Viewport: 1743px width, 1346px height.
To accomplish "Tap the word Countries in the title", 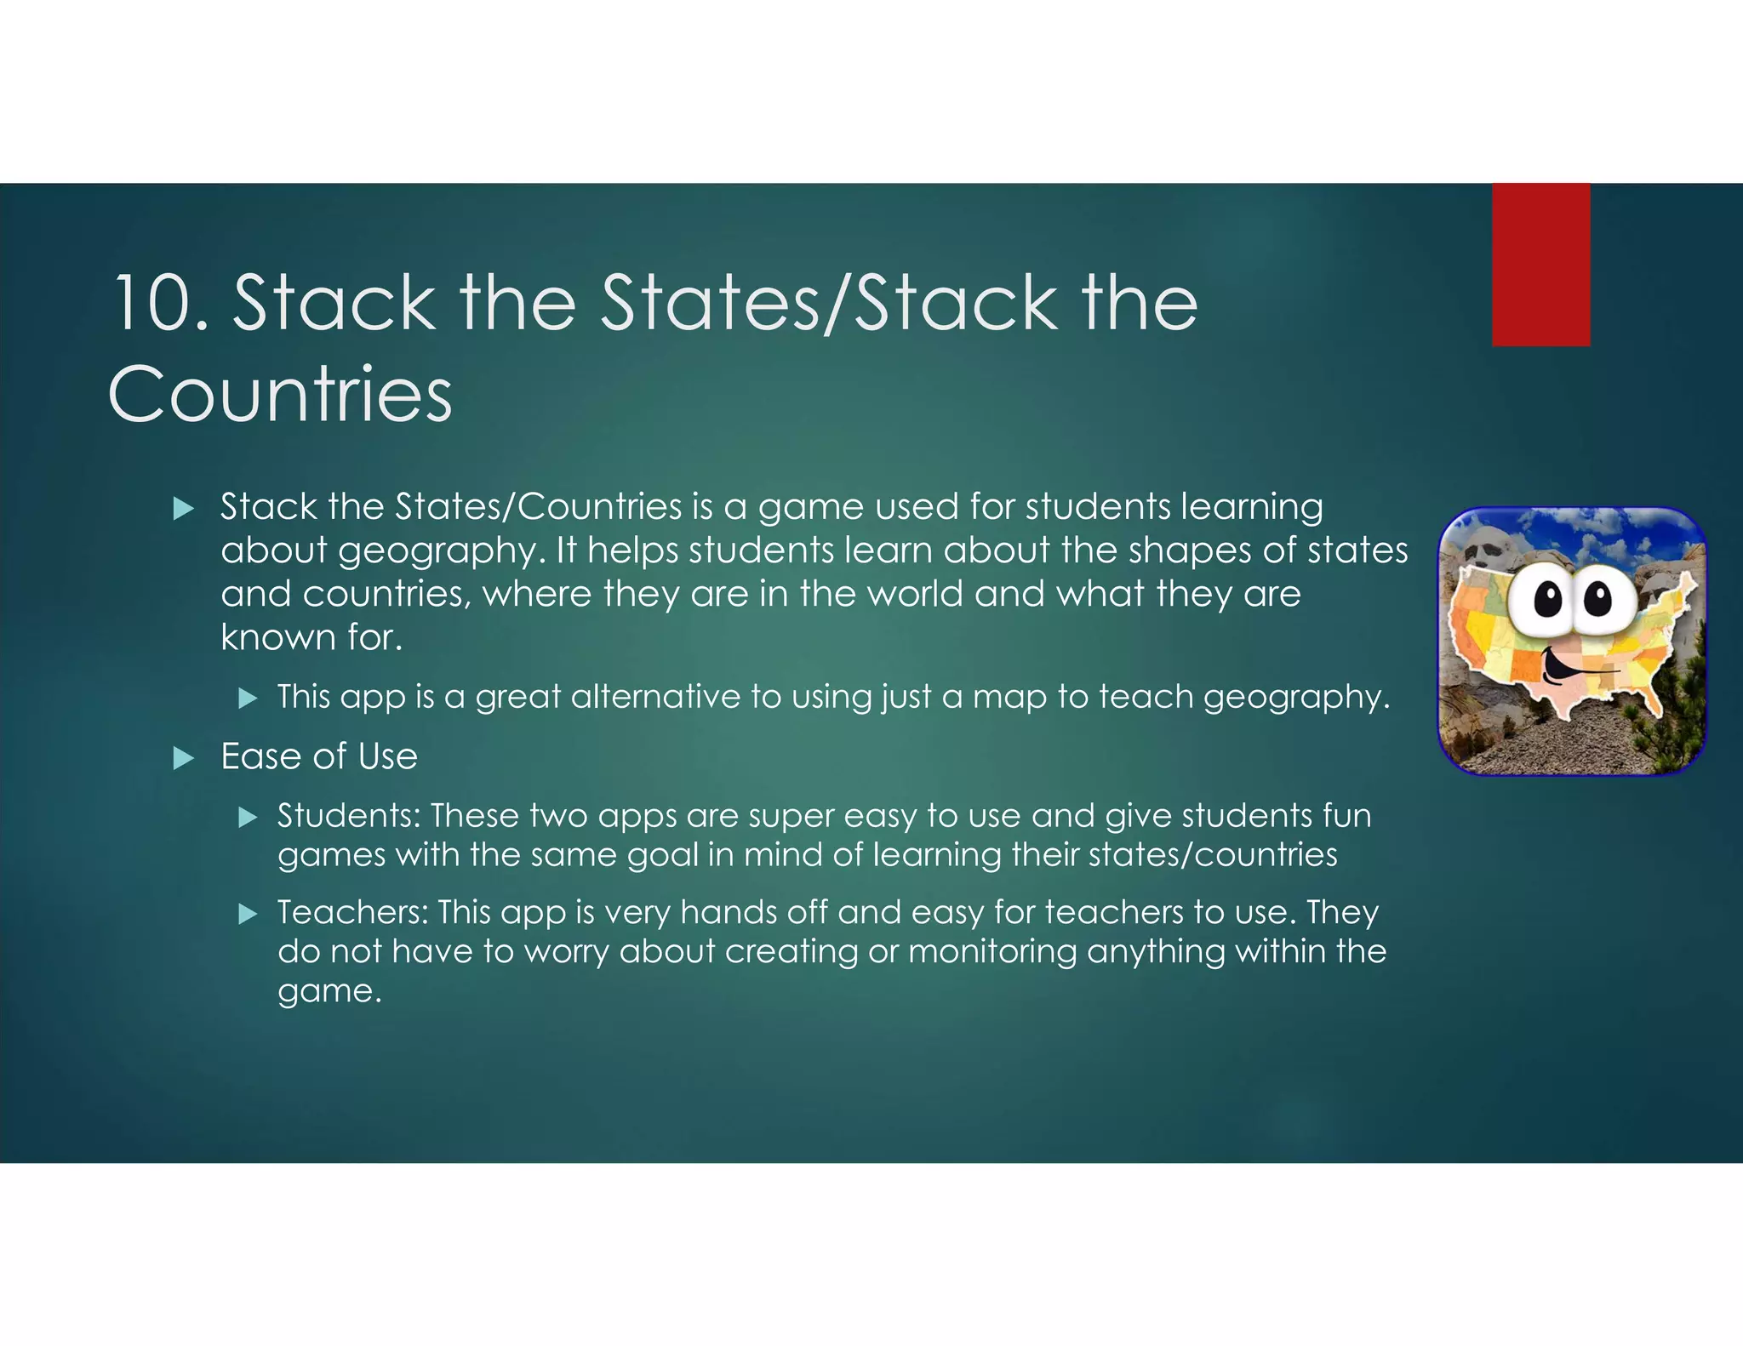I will (280, 394).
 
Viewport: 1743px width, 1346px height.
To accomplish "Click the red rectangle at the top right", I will (1540, 265).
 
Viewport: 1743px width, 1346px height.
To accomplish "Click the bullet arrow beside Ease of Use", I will (184, 758).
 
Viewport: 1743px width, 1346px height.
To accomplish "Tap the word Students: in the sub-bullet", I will (348, 816).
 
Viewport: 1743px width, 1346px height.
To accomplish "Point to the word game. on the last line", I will (329, 991).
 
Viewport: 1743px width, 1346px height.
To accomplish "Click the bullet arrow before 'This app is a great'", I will (248, 699).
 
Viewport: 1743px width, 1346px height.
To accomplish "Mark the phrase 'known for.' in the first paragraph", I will (311, 637).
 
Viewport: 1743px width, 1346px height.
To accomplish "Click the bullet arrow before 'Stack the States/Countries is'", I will (184, 510).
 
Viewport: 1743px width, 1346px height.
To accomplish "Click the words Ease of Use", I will (319, 756).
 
